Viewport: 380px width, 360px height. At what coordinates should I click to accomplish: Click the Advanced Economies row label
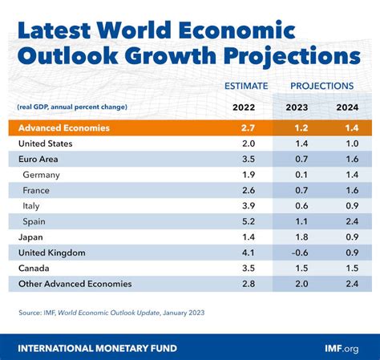tap(65, 128)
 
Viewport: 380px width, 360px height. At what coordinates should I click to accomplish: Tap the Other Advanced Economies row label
tap(75, 283)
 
